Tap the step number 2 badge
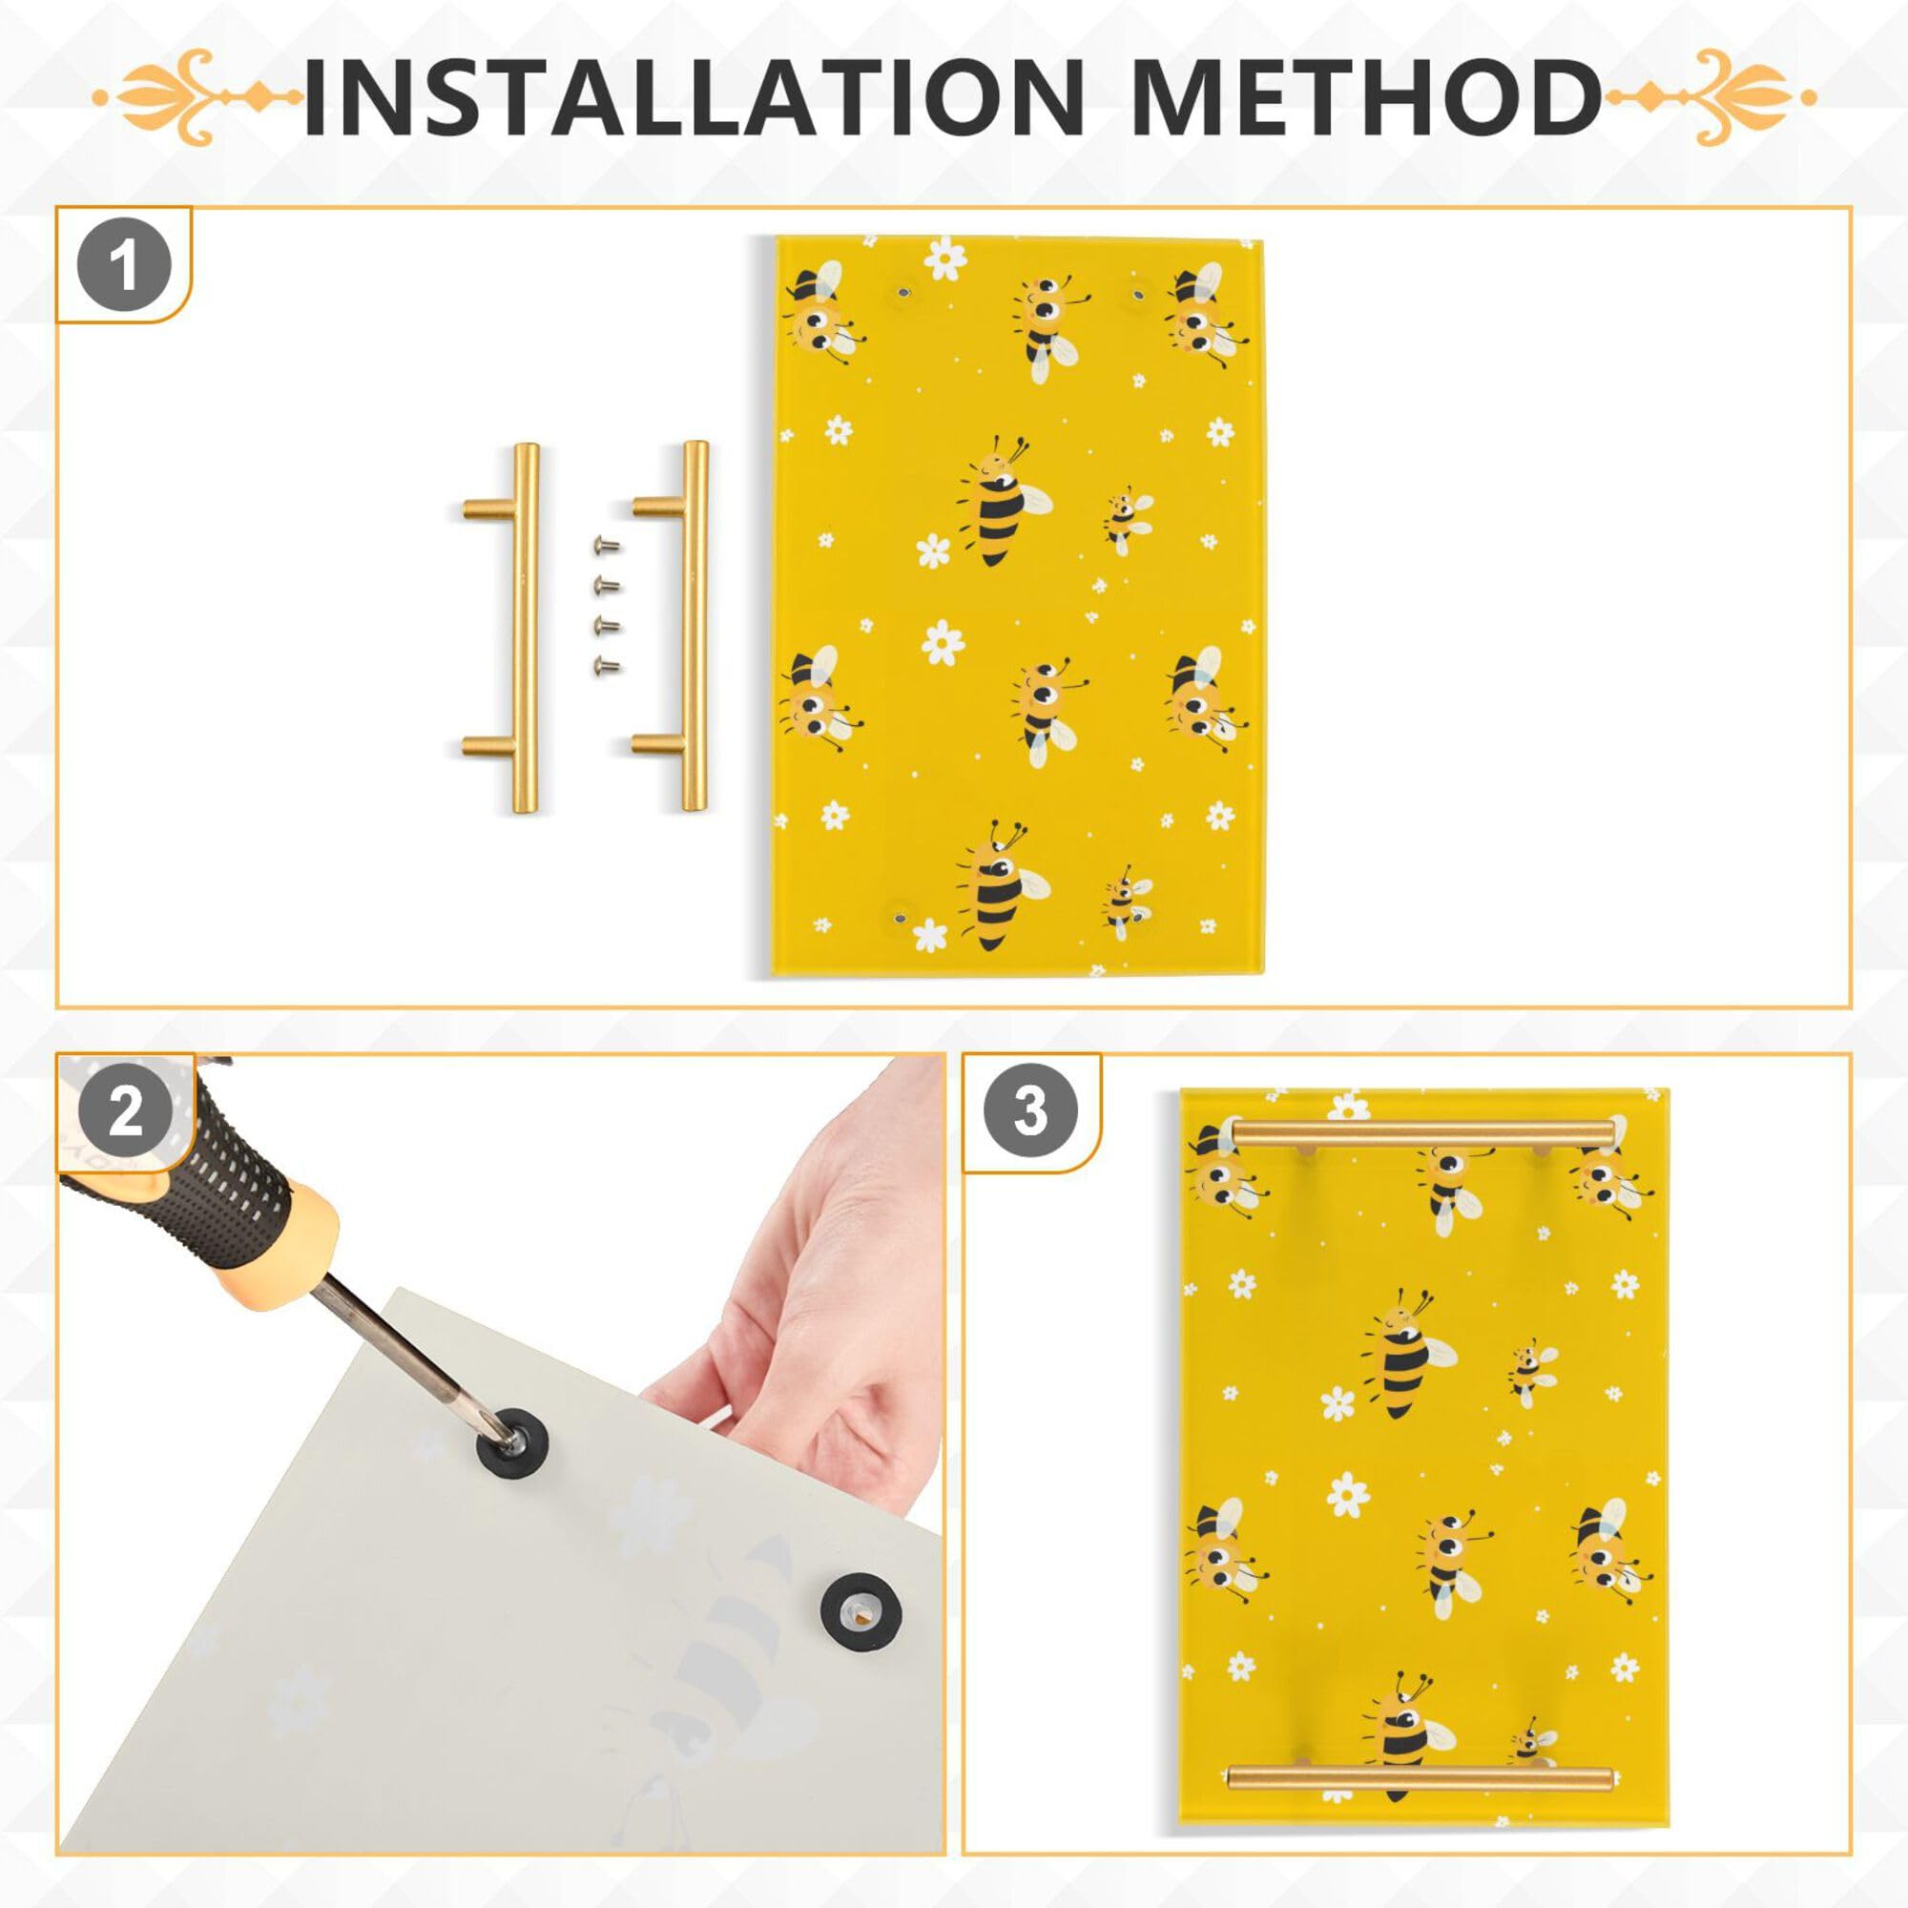point(124,1113)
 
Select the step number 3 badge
point(1030,1111)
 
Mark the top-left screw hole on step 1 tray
point(902,293)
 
